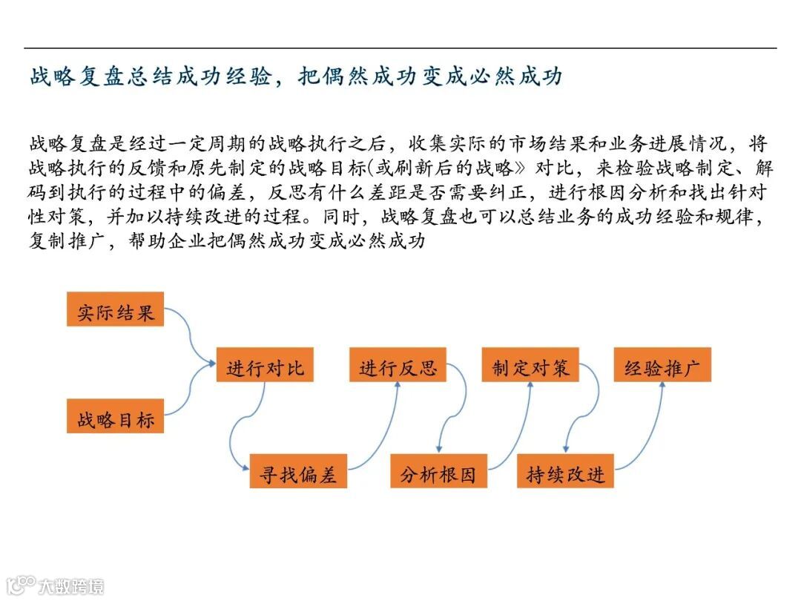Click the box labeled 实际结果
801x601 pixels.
(x=115, y=312)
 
